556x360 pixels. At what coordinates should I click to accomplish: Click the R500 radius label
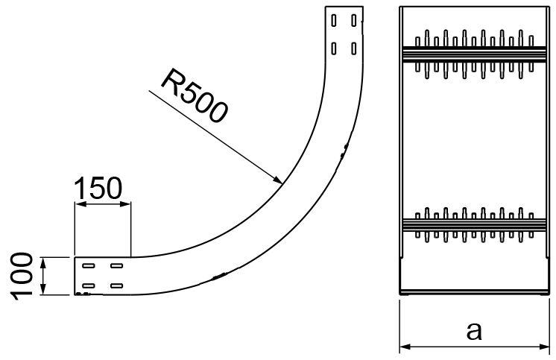click(195, 95)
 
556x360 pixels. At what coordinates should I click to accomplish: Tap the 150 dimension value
click(98, 189)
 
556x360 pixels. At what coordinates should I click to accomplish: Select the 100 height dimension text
click(22, 276)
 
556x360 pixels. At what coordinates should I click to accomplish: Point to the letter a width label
click(474, 331)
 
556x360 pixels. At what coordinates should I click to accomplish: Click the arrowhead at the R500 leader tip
click(277, 180)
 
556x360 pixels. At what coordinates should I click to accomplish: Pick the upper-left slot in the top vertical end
click(334, 20)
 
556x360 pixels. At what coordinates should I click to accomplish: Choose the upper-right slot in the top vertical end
click(353, 20)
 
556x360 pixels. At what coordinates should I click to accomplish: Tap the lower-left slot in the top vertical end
click(334, 48)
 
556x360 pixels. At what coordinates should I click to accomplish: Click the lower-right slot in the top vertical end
click(353, 48)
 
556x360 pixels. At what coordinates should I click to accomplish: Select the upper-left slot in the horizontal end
click(88, 265)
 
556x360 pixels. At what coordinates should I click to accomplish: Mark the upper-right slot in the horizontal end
click(117, 265)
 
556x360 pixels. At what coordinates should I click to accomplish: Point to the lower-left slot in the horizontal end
click(88, 285)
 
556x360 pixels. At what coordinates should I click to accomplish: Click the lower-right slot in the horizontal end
click(117, 285)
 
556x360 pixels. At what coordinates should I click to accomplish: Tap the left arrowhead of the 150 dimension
click(80, 204)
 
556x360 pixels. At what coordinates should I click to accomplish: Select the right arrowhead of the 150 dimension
click(125, 204)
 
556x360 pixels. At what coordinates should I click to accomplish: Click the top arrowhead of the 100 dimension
click(43, 263)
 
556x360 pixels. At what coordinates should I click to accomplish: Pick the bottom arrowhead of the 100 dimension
click(43, 288)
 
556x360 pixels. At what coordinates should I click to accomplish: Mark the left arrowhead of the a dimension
click(405, 346)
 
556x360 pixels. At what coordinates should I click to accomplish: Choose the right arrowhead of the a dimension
click(543, 346)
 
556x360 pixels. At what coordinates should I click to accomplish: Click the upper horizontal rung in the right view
click(474, 54)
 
